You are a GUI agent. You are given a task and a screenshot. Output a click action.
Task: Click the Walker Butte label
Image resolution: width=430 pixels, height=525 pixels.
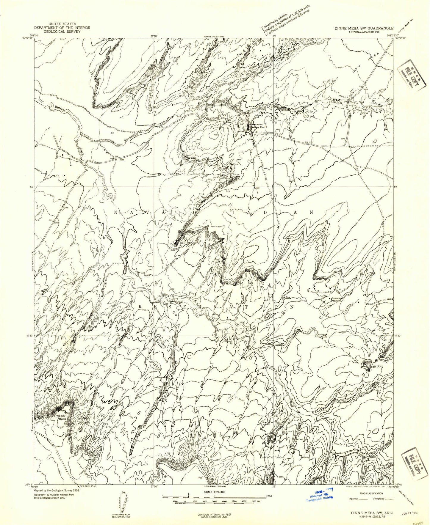click(x=61, y=417)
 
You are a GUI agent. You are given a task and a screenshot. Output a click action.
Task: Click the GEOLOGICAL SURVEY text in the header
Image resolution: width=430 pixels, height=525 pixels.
click(x=62, y=31)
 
